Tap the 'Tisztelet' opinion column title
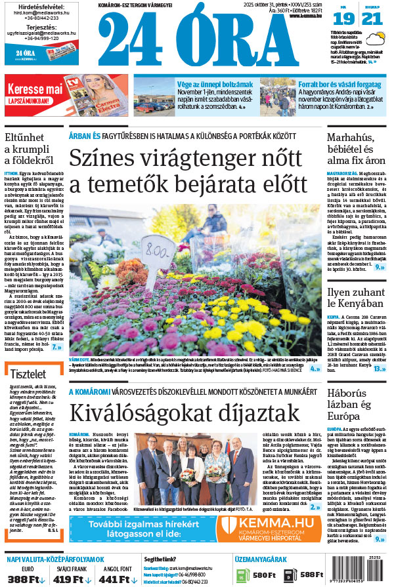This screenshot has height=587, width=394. [32, 373]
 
